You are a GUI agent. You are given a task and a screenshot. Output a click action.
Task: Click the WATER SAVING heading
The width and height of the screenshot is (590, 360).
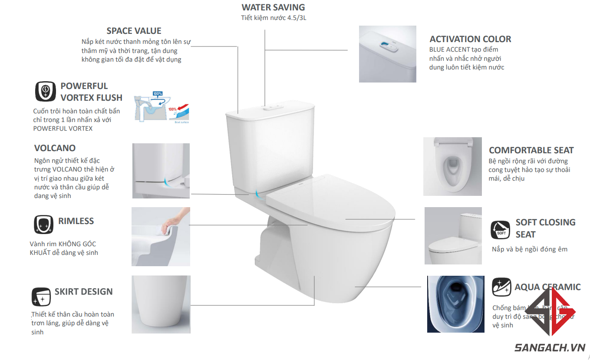(x=273, y=7)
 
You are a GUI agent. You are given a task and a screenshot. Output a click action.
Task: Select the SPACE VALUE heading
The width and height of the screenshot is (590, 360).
(x=134, y=31)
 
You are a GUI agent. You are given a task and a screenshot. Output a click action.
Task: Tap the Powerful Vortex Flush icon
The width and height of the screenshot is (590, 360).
(x=45, y=92)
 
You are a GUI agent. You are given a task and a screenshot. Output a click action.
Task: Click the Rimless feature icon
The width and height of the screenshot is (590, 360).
(x=43, y=225)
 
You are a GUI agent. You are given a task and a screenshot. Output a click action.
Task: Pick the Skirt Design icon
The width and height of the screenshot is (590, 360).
(x=41, y=297)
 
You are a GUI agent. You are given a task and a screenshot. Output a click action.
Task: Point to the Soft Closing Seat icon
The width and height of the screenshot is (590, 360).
(x=501, y=230)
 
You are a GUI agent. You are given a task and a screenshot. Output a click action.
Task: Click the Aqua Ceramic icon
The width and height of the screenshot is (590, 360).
(x=501, y=287)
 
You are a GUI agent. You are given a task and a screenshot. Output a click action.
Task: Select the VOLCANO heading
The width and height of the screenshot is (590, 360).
(x=55, y=148)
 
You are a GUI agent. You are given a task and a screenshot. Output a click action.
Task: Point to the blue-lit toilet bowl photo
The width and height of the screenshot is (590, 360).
(x=455, y=304)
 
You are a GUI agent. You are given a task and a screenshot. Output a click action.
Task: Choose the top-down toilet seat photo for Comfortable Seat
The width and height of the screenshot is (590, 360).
(x=452, y=166)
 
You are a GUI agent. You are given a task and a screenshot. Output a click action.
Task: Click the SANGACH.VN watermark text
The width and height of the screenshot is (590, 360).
(x=550, y=347)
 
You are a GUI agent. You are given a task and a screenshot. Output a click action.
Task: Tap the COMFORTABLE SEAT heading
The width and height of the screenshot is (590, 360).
(x=531, y=150)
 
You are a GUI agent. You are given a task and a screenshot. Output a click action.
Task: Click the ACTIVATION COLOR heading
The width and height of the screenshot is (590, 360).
(x=470, y=39)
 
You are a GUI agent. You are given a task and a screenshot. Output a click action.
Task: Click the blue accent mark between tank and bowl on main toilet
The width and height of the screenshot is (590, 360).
(x=257, y=194)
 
